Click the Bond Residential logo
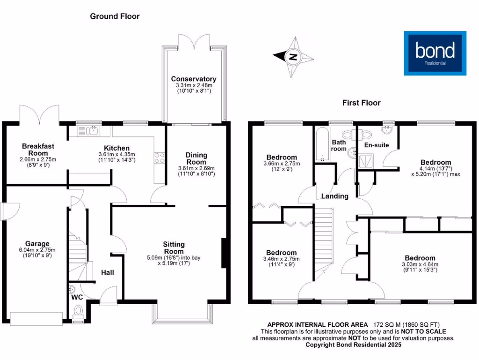(435, 53)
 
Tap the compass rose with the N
(293, 57)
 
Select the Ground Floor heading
(115, 16)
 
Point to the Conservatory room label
(194, 79)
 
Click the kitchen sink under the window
(94, 131)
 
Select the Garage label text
(37, 244)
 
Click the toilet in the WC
(79, 311)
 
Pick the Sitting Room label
(174, 244)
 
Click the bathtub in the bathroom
(322, 145)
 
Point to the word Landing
(334, 196)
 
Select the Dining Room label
(196, 155)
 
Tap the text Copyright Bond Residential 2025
(353, 345)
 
